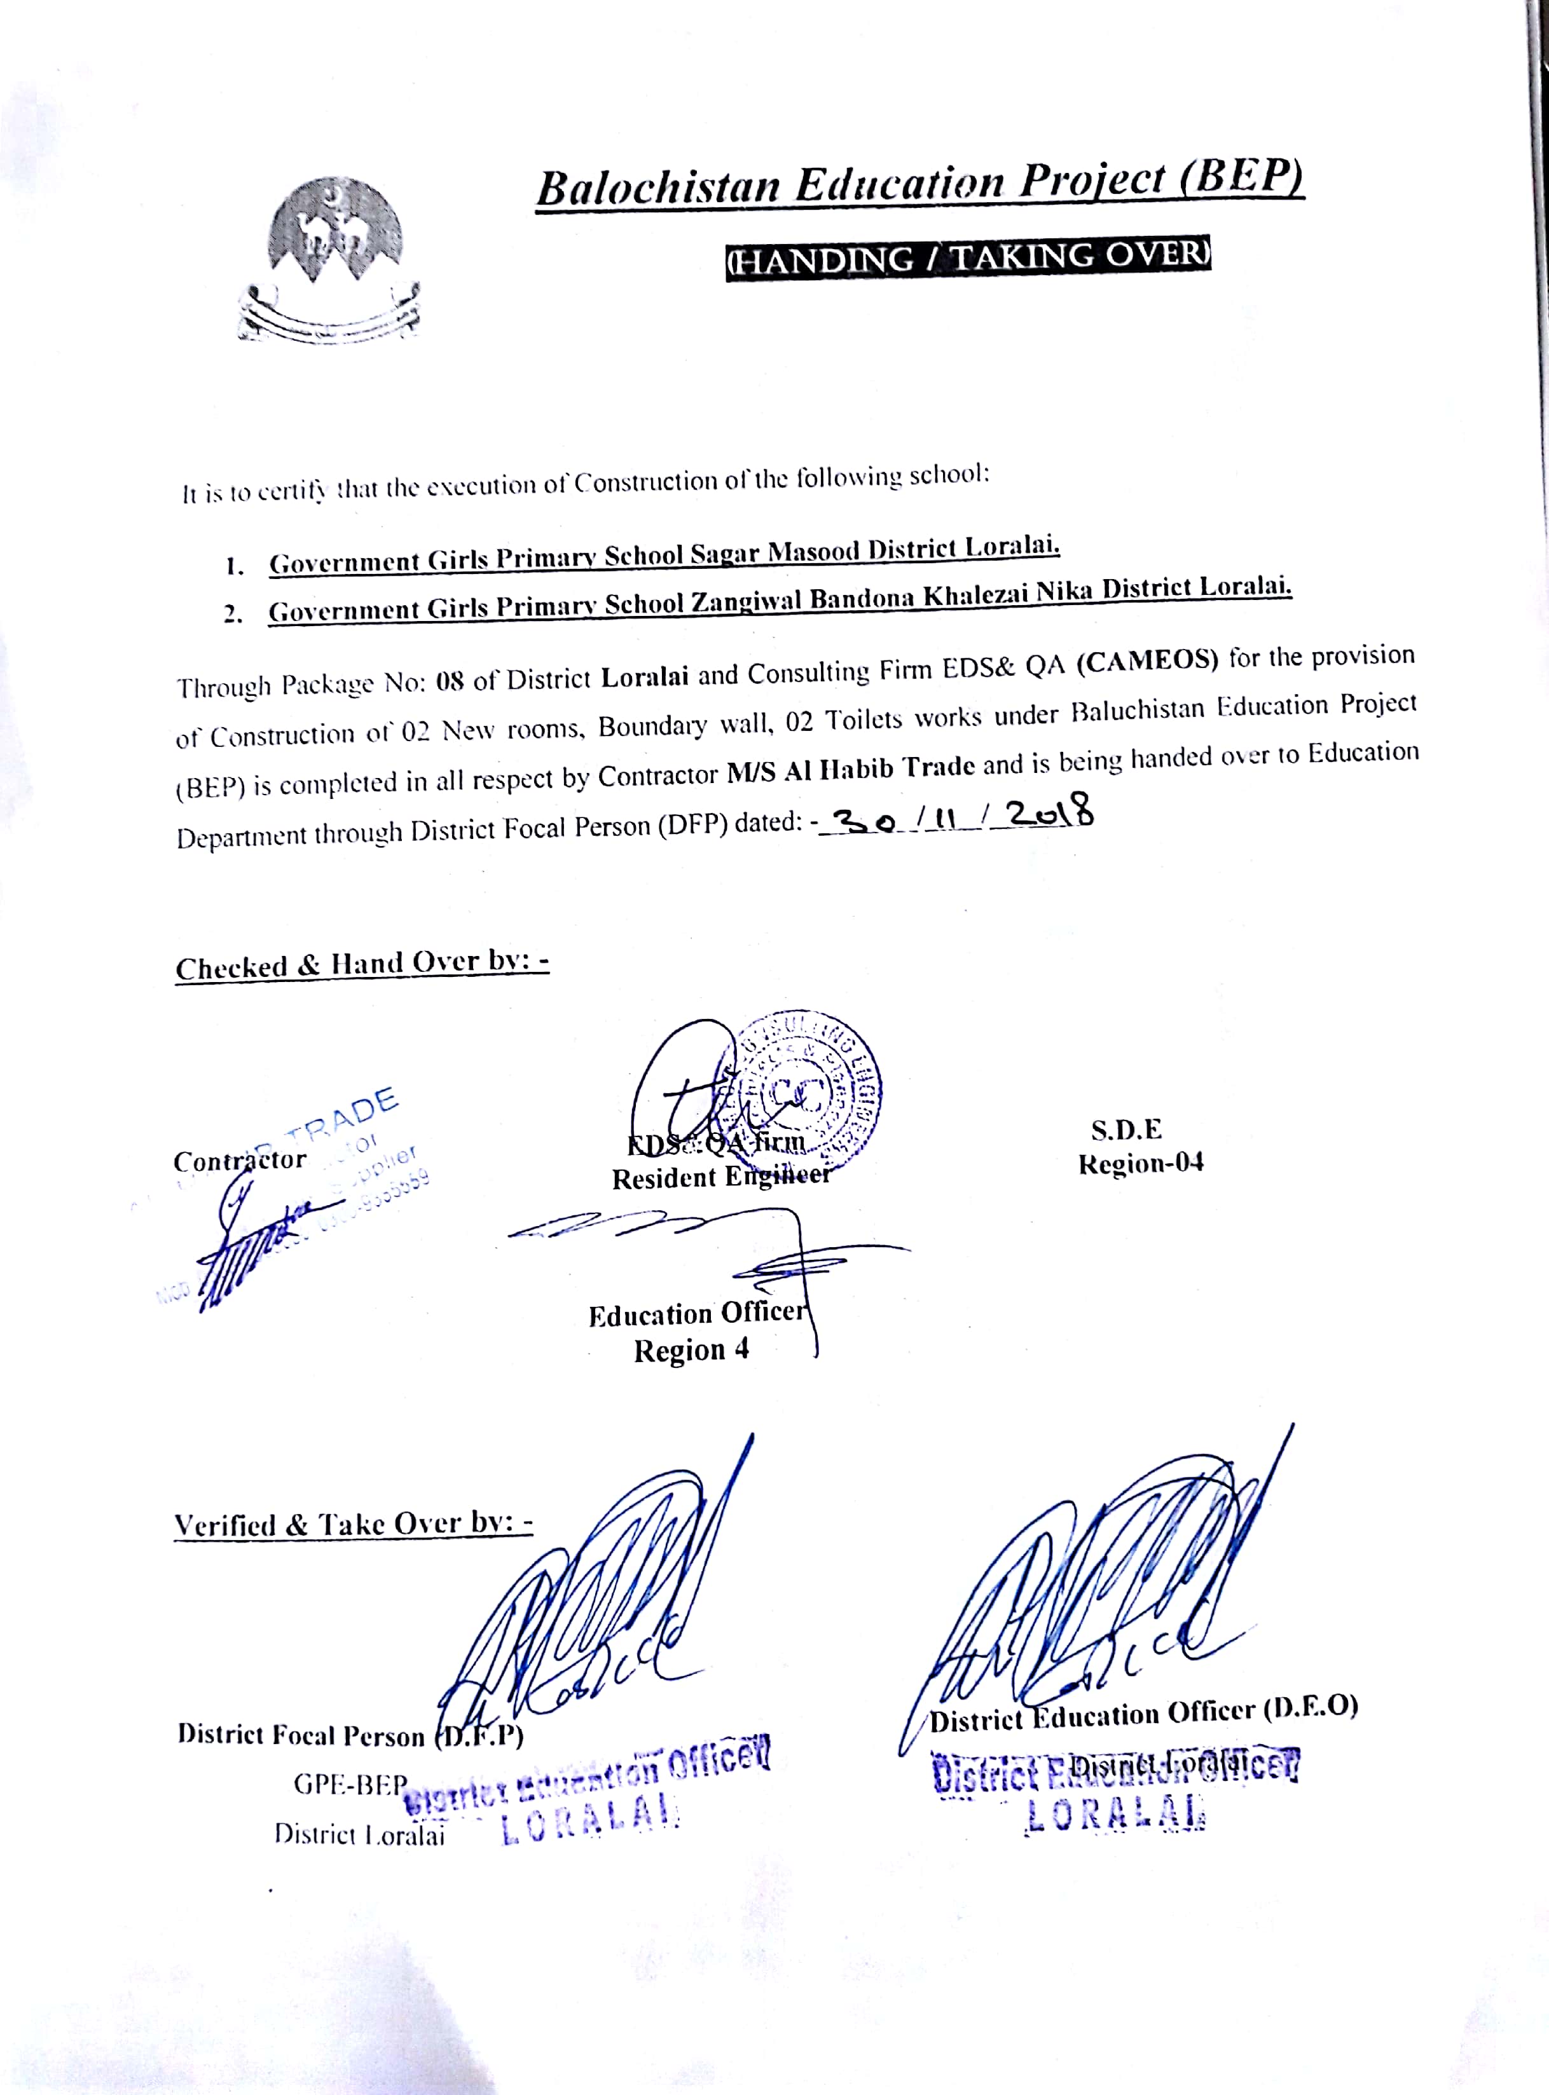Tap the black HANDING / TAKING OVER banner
tap(968, 257)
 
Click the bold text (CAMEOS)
tap(1146, 662)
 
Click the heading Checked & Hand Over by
tap(362, 964)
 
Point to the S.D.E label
tap(1126, 1129)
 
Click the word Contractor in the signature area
tap(240, 1161)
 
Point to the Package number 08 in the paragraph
tap(450, 681)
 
